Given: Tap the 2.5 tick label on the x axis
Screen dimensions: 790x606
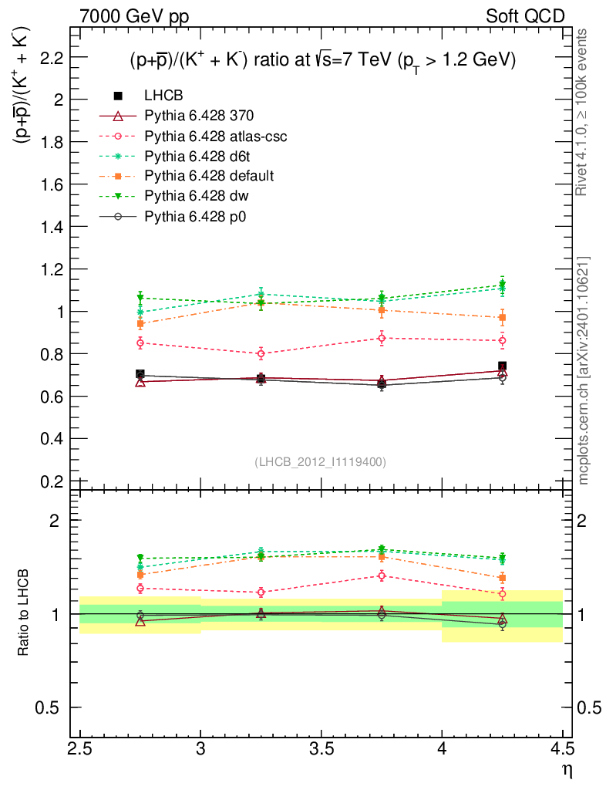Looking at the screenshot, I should (x=80, y=749).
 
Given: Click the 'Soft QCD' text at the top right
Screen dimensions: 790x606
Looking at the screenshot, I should (x=525, y=15).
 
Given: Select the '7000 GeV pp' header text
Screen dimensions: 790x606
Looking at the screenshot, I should (x=134, y=15).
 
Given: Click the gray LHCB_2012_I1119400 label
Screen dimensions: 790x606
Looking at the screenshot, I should (x=320, y=461).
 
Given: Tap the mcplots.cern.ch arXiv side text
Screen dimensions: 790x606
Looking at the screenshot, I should (x=584, y=370).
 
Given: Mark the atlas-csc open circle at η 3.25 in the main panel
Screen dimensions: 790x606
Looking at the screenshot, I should (x=261, y=354).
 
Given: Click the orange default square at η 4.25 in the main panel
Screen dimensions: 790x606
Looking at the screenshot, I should (x=503, y=318).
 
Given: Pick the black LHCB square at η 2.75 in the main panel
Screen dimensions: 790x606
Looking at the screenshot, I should (x=140, y=374).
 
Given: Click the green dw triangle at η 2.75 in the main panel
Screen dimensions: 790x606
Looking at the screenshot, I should (x=140, y=297).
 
